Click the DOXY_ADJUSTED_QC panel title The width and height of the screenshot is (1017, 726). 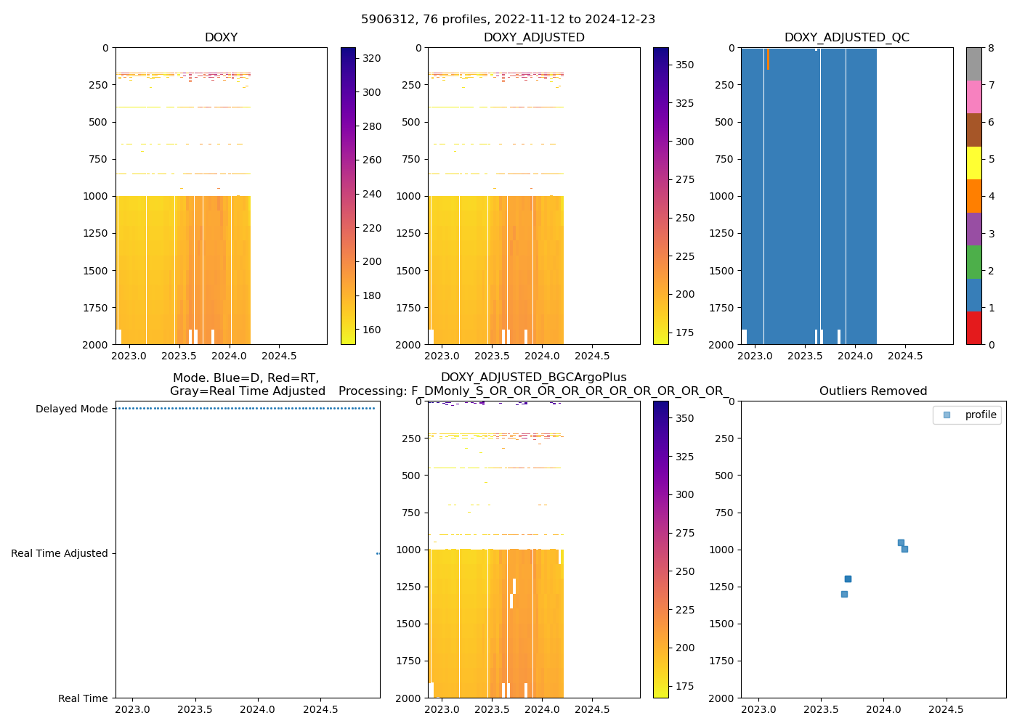(846, 38)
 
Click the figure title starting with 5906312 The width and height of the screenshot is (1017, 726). (508, 20)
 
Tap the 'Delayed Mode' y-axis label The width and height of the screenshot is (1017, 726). (71, 409)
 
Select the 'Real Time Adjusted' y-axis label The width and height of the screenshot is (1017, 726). (59, 553)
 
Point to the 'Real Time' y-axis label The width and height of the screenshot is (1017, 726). (83, 698)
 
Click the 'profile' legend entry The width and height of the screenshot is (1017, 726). (980, 415)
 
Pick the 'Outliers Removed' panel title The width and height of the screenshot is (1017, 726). (872, 391)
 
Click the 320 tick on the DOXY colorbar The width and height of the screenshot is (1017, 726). (371, 58)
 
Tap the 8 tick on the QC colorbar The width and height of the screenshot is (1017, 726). (991, 48)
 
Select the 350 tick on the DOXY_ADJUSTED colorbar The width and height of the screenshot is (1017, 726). (684, 65)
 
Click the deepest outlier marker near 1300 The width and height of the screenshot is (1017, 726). (844, 594)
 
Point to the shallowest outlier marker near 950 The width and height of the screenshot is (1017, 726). (901, 542)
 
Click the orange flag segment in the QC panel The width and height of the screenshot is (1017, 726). (768, 59)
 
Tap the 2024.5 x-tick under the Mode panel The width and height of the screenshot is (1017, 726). (320, 709)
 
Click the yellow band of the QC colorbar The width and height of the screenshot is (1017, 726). (973, 163)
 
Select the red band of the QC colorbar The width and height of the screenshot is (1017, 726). (973, 328)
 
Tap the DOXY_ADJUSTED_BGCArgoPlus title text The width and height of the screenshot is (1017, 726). (533, 378)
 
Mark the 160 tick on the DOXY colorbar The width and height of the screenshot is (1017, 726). (371, 330)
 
